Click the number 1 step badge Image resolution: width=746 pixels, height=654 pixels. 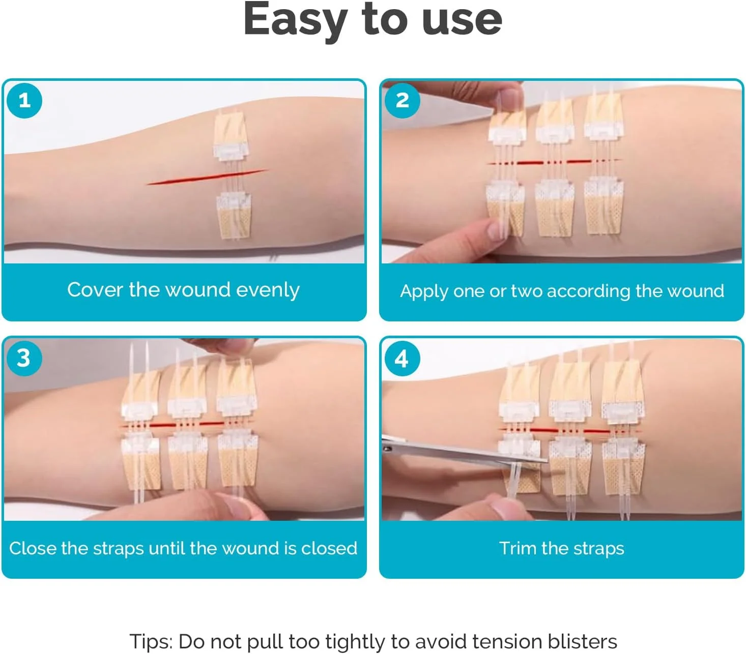(x=24, y=101)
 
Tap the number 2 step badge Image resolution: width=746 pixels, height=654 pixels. (x=402, y=101)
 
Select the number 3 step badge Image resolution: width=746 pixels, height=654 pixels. (x=24, y=358)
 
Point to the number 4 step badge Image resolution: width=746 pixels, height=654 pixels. (x=402, y=358)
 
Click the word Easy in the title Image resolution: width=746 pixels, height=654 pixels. (x=296, y=21)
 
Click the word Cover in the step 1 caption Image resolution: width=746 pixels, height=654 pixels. (x=95, y=290)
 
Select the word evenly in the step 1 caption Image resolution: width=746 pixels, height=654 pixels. (x=268, y=291)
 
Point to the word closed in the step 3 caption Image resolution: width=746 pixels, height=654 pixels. (x=329, y=548)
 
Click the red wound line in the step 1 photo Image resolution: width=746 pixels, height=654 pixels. (x=207, y=177)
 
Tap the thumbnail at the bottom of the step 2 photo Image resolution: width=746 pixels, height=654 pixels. (x=496, y=230)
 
